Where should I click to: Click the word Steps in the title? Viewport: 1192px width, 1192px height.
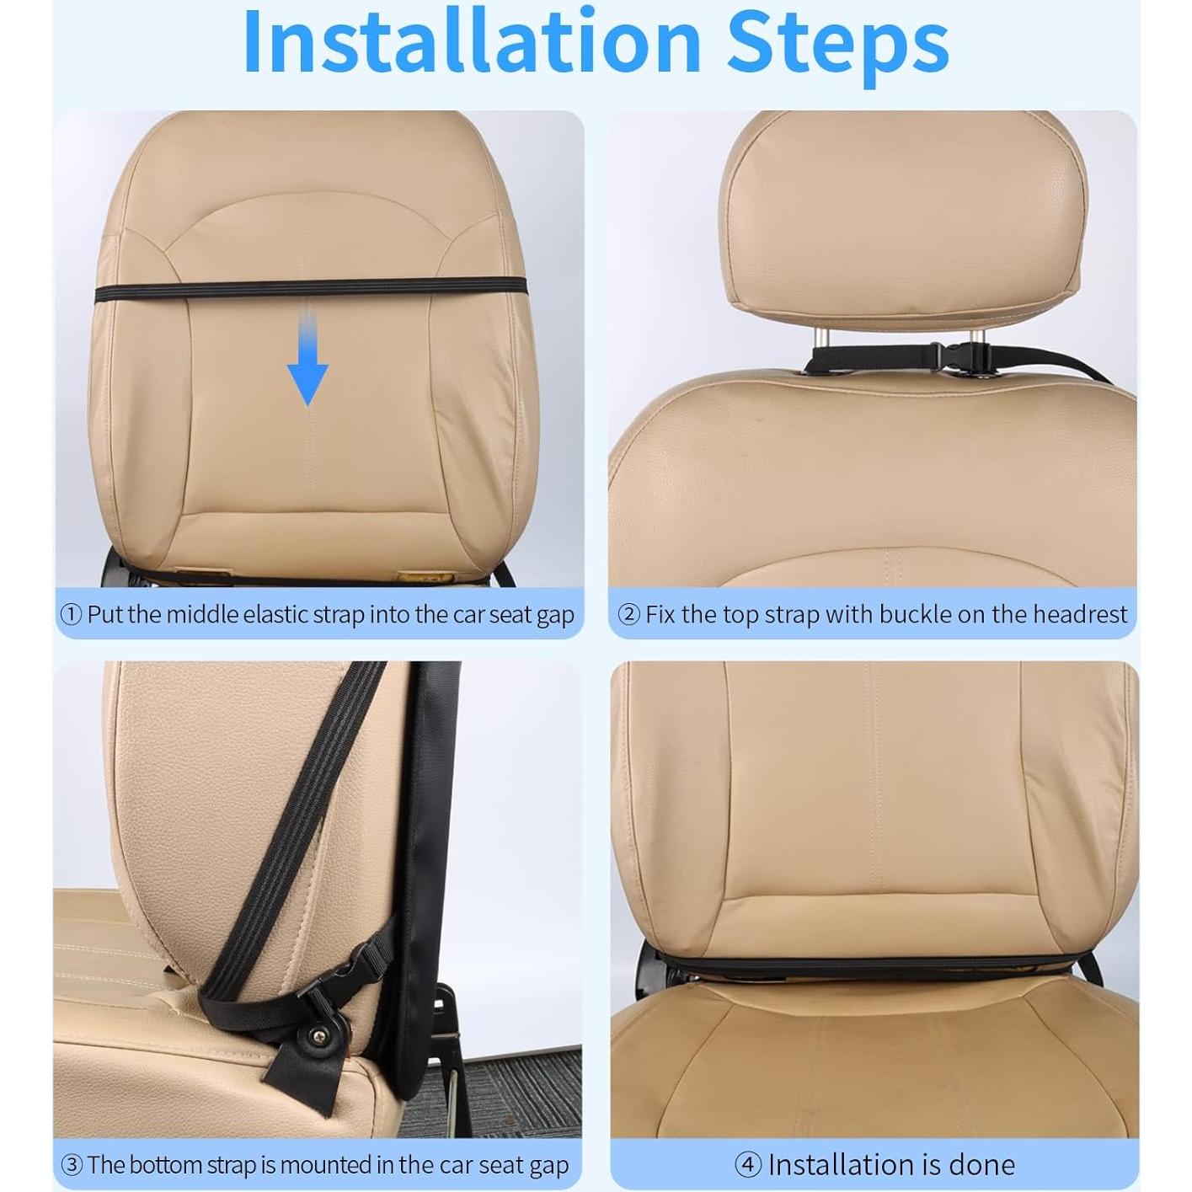pos(837,42)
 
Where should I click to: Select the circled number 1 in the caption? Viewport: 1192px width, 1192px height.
pos(71,615)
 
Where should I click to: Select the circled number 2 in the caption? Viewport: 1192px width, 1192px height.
pos(629,615)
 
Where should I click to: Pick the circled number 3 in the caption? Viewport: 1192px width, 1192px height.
pos(72,1166)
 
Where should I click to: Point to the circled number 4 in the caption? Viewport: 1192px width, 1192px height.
pos(748,1166)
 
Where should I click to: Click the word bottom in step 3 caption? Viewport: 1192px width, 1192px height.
pos(172,1166)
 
